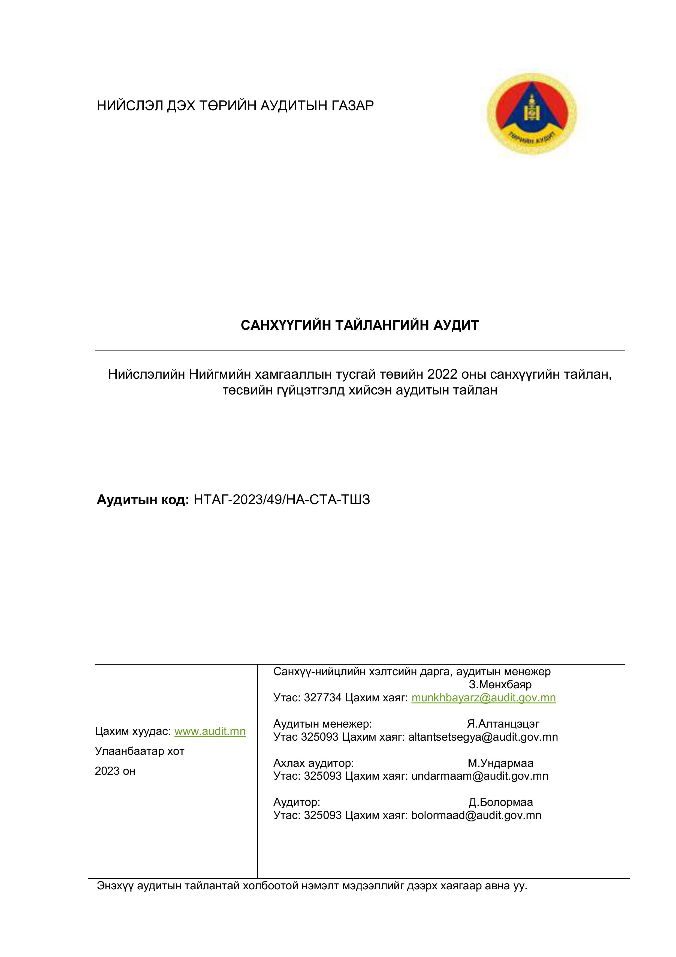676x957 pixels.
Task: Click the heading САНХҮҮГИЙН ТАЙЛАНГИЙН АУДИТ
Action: tap(360, 325)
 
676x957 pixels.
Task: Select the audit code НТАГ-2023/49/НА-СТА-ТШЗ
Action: tap(282, 499)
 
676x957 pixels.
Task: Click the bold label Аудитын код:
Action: tap(143, 499)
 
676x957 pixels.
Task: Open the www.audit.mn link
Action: tap(210, 731)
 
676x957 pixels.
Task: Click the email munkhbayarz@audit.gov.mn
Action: tap(484, 697)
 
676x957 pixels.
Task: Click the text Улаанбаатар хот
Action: tap(140, 751)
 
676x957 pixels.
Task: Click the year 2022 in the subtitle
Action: tap(442, 374)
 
